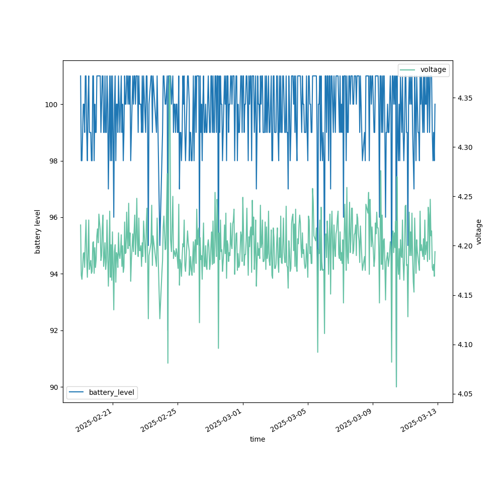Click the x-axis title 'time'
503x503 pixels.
coord(258,439)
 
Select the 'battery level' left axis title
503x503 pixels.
coord(38,231)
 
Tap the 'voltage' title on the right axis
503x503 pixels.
coord(479,231)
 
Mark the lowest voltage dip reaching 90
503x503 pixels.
coord(396,386)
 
